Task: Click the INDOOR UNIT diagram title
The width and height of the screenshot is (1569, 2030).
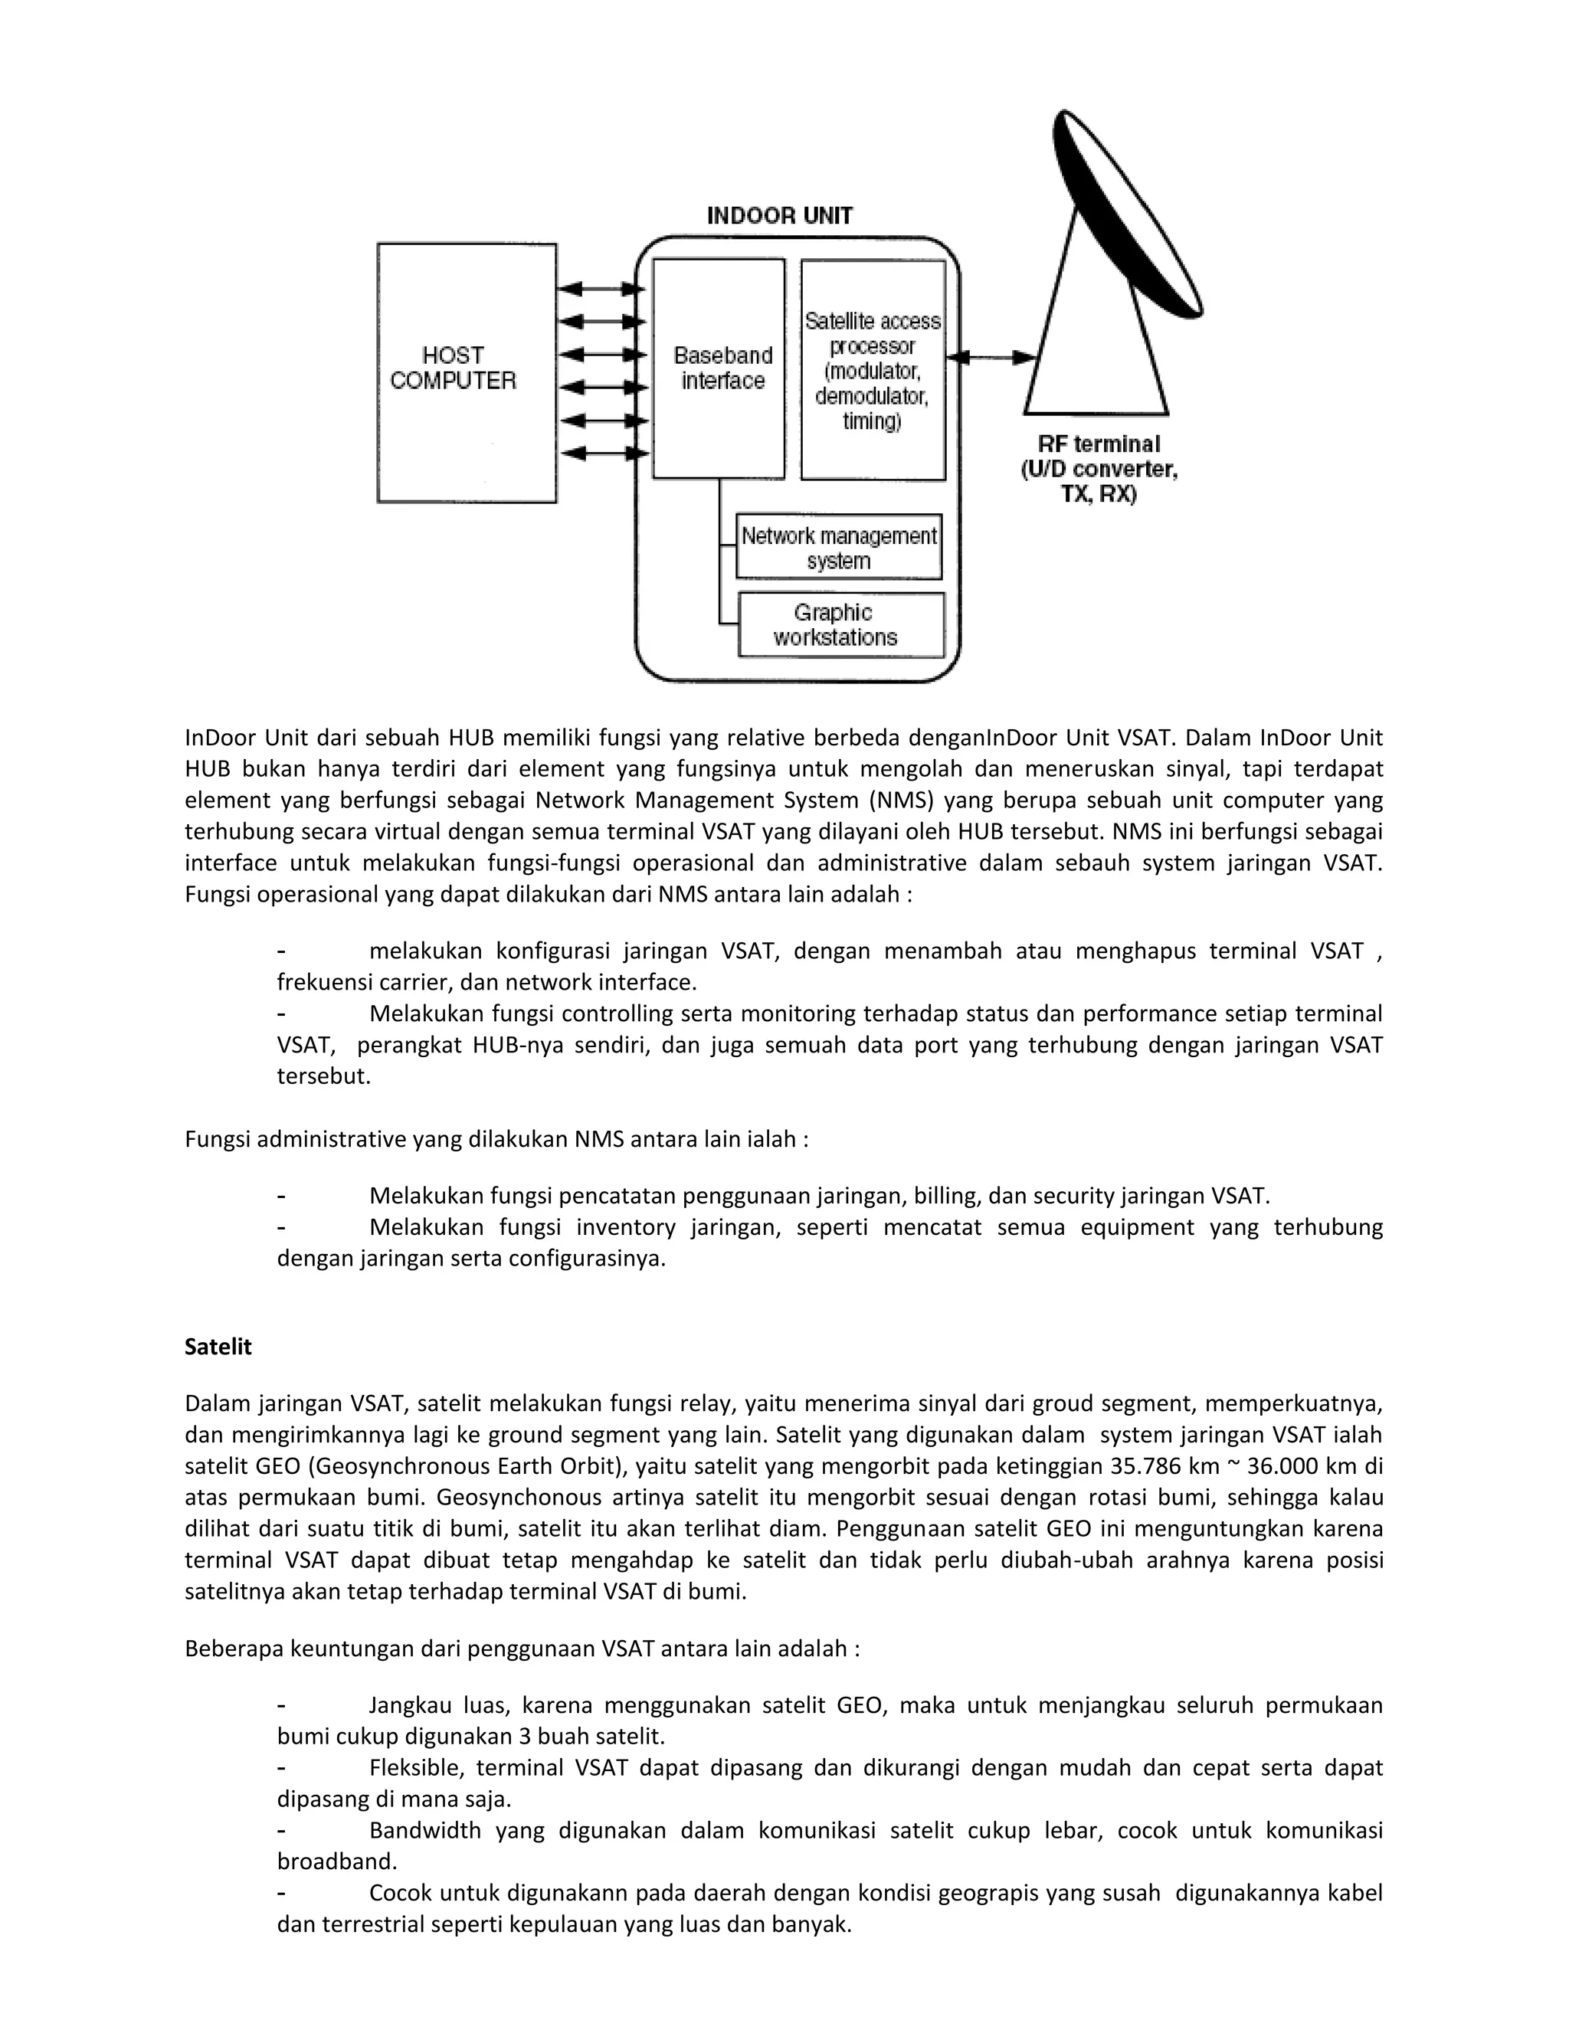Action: click(779, 216)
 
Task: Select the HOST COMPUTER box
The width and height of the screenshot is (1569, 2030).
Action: click(467, 372)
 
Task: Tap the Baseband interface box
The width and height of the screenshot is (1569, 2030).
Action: click(719, 368)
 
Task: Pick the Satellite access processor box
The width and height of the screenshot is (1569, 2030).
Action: click(873, 370)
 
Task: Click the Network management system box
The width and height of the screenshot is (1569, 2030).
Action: click(838, 548)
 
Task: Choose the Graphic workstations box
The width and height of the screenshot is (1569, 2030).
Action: click(840, 624)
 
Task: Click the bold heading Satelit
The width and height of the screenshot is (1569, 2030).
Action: click(218, 1347)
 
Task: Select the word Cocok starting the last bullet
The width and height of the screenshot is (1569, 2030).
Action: click(401, 1892)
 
